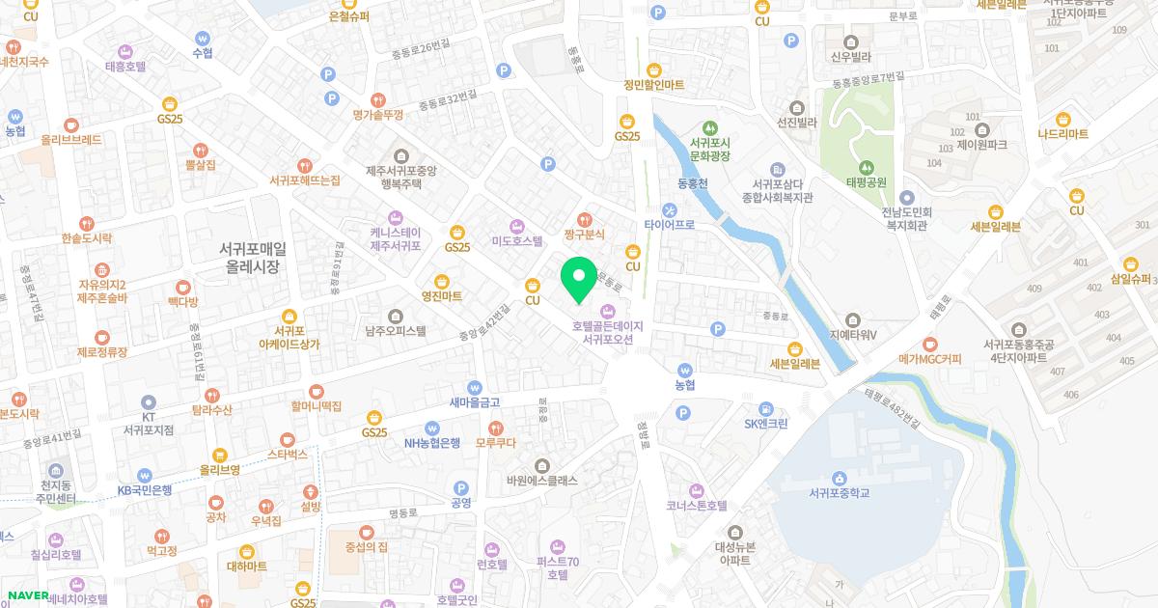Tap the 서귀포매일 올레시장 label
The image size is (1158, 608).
tap(252, 257)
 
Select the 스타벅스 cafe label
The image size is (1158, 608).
tap(287, 453)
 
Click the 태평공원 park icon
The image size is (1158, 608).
tap(866, 165)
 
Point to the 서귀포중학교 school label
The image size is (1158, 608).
tap(840, 493)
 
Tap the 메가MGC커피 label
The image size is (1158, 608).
tap(930, 359)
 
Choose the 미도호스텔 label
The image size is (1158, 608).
tap(517, 241)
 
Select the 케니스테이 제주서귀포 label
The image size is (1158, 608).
tap(396, 238)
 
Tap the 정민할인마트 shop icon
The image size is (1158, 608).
tap(653, 69)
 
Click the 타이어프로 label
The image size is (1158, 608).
tap(670, 225)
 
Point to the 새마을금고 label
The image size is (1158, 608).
tap(474, 402)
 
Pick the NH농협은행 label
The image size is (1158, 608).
tap(432, 444)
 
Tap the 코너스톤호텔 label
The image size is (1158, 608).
tap(696, 505)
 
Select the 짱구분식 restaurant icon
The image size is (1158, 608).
tap(583, 218)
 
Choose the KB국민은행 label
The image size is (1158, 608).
tap(145, 490)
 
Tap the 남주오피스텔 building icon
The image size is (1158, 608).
tap(395, 316)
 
